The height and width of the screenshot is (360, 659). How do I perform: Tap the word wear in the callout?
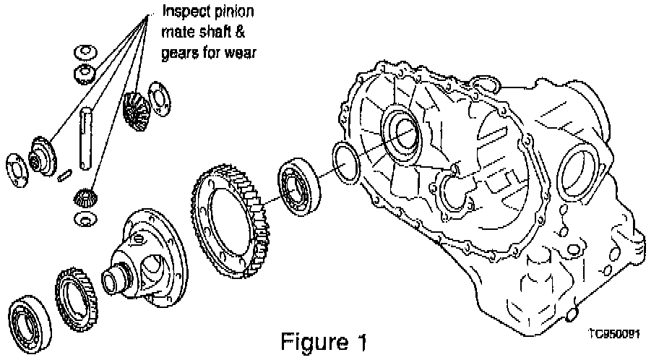coord(241,53)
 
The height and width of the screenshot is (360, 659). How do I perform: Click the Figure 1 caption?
coord(323,341)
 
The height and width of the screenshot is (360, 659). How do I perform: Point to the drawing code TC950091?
coord(615,334)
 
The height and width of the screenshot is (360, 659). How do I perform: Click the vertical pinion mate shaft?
coord(85,138)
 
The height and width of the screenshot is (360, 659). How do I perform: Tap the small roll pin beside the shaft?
coord(65,174)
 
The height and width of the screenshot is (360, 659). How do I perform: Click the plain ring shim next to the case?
coord(346,163)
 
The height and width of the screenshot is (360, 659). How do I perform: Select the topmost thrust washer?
coord(85,52)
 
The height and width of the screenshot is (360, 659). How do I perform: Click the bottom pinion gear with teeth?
coord(85,197)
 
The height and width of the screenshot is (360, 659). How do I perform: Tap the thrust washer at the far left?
coord(17,171)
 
